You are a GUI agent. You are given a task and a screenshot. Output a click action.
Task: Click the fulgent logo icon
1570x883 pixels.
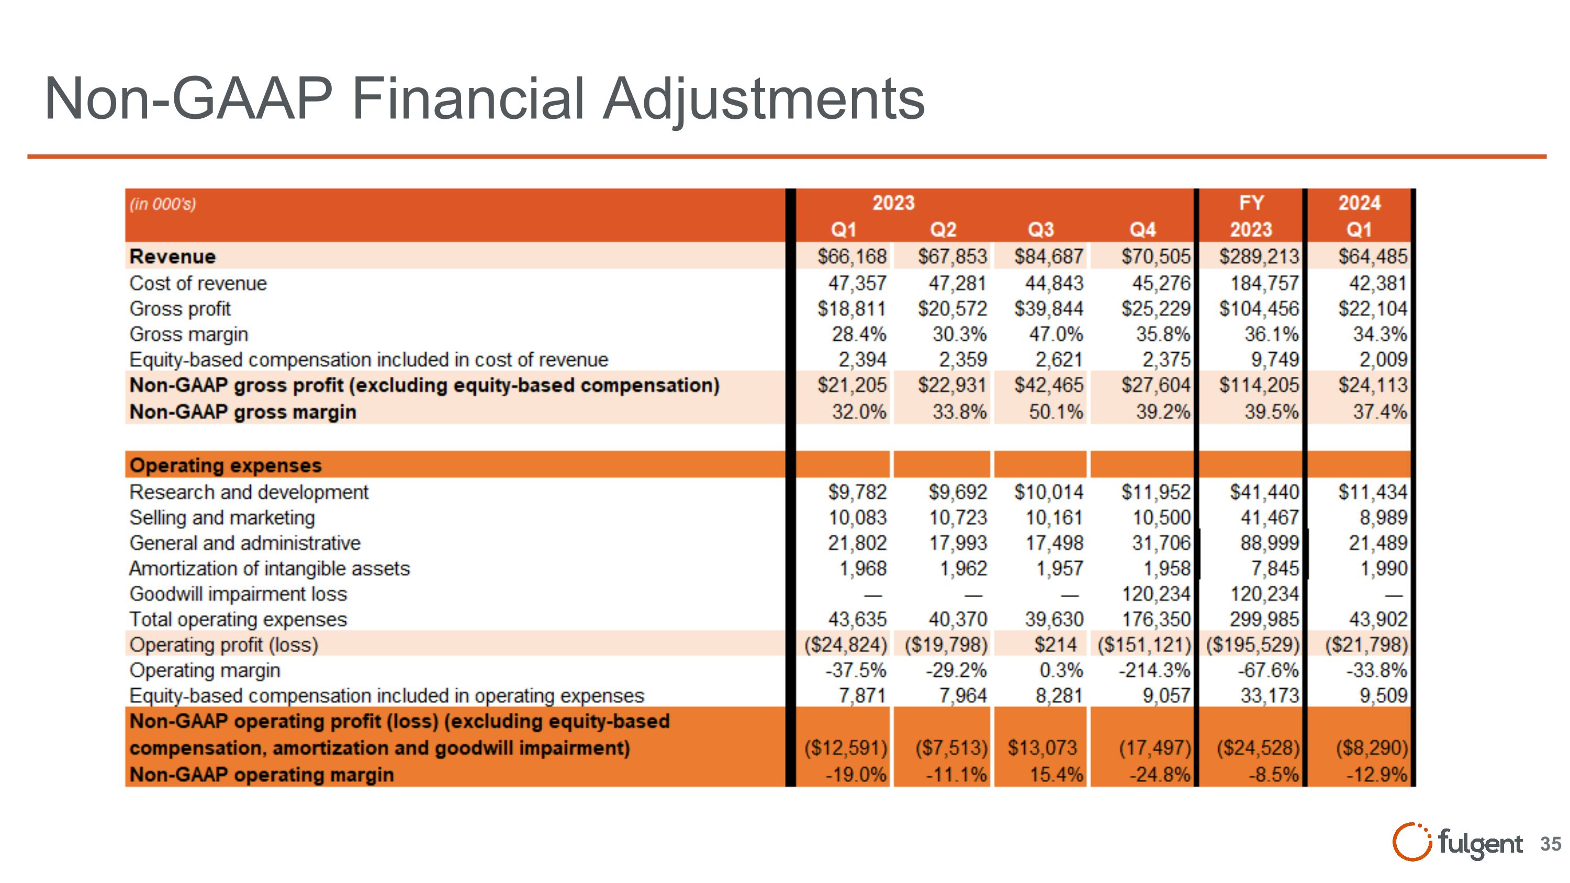click(1411, 842)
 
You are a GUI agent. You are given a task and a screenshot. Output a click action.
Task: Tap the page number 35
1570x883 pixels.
click(1551, 844)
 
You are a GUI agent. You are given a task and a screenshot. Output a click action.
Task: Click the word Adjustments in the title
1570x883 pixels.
click(764, 99)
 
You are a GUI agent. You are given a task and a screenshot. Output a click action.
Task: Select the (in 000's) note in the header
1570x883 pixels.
click(163, 204)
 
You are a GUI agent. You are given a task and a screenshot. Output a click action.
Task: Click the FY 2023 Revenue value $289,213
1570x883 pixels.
click(1259, 256)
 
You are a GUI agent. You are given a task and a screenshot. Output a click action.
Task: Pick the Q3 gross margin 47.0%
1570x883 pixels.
click(1056, 334)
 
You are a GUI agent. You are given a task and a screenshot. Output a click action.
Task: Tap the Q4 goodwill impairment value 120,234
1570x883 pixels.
click(1156, 594)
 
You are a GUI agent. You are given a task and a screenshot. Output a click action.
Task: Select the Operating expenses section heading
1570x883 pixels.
click(226, 465)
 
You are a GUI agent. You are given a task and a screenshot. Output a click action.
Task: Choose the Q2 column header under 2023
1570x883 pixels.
click(943, 230)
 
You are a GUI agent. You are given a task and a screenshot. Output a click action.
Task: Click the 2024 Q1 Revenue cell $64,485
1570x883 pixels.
click(1373, 256)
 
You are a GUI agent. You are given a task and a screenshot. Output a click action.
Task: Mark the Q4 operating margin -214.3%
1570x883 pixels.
click(1154, 670)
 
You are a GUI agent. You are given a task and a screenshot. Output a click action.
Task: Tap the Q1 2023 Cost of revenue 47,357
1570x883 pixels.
click(857, 283)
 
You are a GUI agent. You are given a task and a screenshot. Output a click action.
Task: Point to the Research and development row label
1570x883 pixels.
click(249, 493)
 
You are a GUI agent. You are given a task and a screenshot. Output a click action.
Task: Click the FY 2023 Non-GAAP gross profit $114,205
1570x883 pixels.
click(1259, 385)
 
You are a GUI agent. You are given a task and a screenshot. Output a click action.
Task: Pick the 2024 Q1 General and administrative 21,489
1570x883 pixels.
click(1377, 543)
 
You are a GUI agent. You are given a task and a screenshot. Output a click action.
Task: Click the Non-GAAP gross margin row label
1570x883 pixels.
click(243, 412)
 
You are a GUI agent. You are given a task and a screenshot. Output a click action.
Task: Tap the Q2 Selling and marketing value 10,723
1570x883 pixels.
click(958, 518)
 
